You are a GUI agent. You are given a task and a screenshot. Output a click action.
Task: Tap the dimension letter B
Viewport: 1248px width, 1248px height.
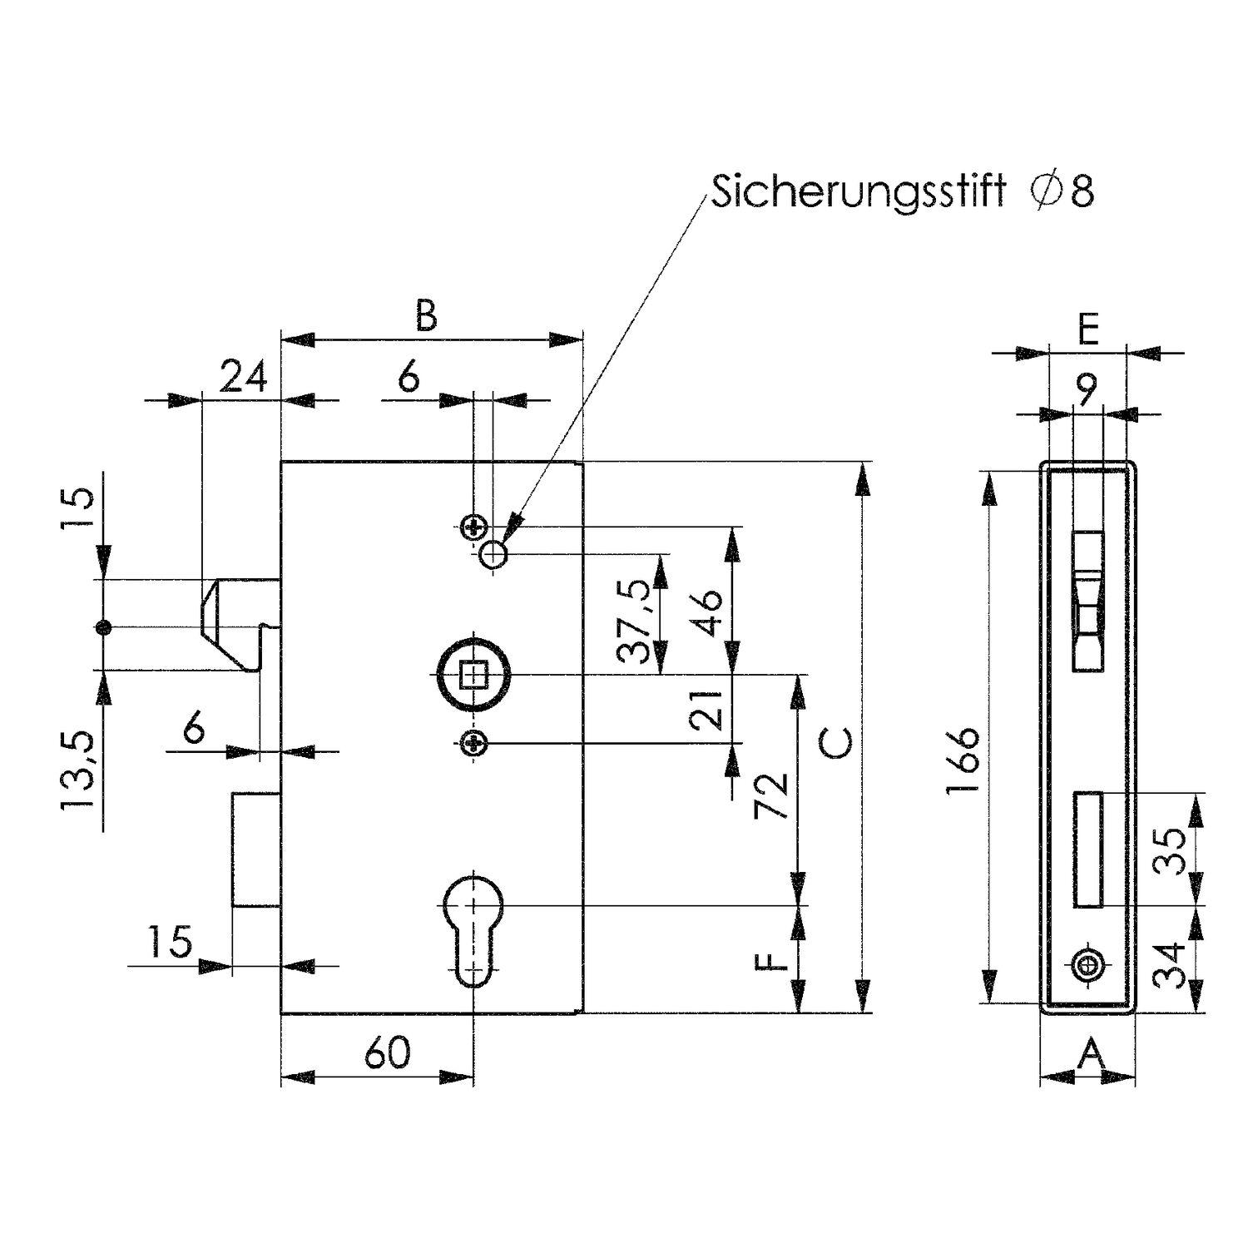point(425,317)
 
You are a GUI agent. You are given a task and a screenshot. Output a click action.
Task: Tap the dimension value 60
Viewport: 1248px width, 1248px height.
point(388,1053)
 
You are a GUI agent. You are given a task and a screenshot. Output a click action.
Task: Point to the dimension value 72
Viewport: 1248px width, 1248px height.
point(771,796)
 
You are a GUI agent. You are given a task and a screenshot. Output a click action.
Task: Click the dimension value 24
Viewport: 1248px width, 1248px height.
point(244,379)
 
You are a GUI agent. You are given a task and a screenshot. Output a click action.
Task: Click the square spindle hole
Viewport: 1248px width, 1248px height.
point(474,674)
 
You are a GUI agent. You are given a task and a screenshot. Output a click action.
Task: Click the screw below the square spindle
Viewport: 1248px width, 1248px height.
point(473,743)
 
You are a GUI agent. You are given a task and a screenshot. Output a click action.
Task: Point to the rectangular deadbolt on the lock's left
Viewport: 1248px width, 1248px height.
point(255,849)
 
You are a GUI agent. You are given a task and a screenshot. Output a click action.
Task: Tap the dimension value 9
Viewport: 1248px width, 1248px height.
point(1087,388)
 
